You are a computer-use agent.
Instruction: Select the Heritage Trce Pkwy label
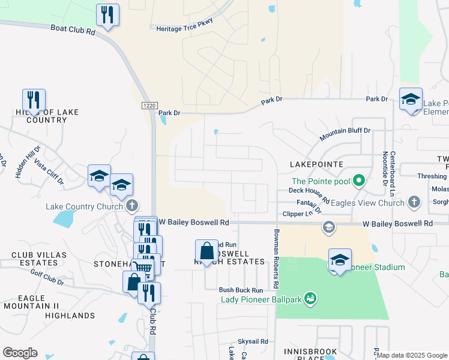pos(184,28)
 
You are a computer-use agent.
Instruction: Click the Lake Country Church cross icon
pos(133,206)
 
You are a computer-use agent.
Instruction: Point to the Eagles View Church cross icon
pos(414,202)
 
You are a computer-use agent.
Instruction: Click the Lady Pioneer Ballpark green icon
pos(310,298)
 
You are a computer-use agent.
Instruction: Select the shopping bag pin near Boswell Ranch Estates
pos(206,252)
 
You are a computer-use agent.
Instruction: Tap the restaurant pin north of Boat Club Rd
pos(107,16)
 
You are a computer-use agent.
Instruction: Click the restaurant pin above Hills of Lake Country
pos(34,100)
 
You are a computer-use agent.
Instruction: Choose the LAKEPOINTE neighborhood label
pos(316,164)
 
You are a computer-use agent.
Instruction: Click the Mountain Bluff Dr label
pos(345,133)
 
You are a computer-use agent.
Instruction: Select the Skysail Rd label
pos(252,341)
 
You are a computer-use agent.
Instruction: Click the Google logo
pos(20,353)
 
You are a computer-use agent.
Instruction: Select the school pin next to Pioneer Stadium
pos(340,261)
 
